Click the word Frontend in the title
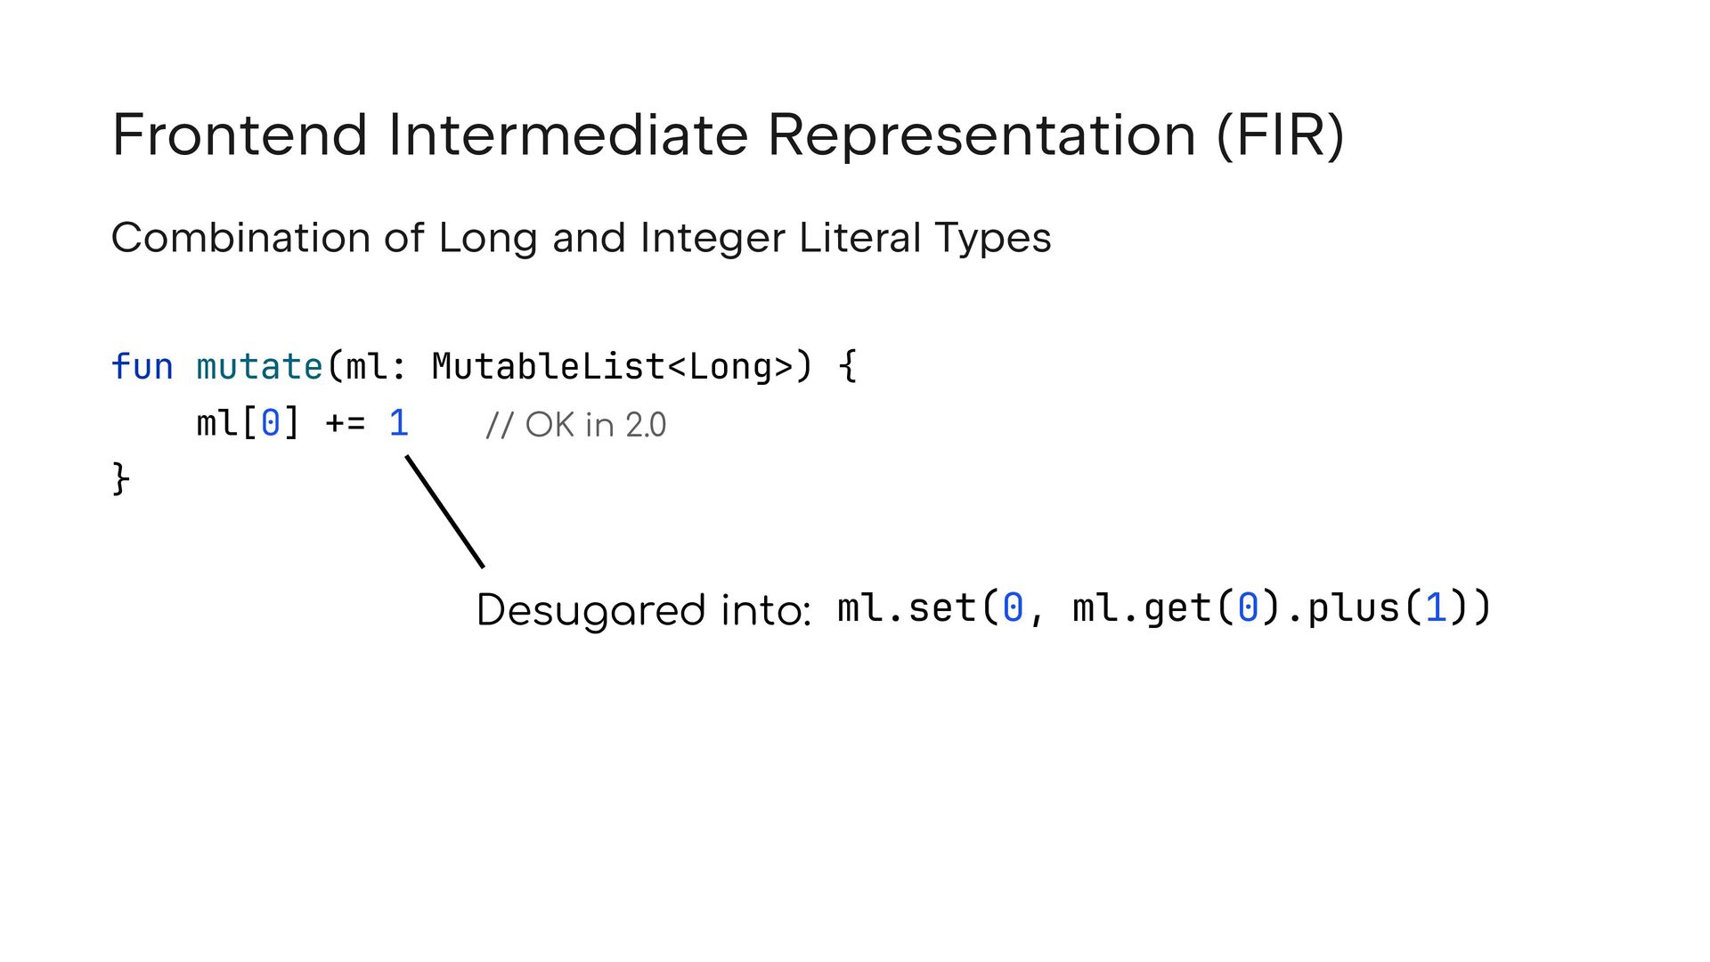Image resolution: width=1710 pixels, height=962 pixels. pos(240,135)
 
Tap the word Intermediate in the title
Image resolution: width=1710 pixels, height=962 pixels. pos(567,135)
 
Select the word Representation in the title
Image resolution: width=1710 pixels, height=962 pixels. pos(981,135)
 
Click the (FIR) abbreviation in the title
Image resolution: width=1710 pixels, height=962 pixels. pos(1280,135)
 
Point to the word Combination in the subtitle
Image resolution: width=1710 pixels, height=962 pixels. pos(240,238)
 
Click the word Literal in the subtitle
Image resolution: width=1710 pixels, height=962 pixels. pos(859,238)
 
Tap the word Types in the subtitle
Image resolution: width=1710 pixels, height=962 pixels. pos(993,238)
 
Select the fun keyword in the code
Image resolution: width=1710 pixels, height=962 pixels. pos(142,367)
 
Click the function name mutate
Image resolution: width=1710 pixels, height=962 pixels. pos(259,367)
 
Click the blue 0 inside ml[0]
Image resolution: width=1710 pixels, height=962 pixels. pos(270,423)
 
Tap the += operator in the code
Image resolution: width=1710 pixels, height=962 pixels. pos(346,423)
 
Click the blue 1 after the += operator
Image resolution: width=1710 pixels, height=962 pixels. pos(399,423)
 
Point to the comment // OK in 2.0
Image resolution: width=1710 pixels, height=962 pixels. pos(575,425)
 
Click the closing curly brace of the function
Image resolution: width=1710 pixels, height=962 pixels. pos(120,479)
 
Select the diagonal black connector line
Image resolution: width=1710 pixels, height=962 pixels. pos(445,511)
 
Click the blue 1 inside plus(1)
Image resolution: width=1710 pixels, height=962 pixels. pos(1435,608)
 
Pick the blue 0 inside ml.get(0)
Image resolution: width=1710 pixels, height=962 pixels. pos(1247,608)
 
